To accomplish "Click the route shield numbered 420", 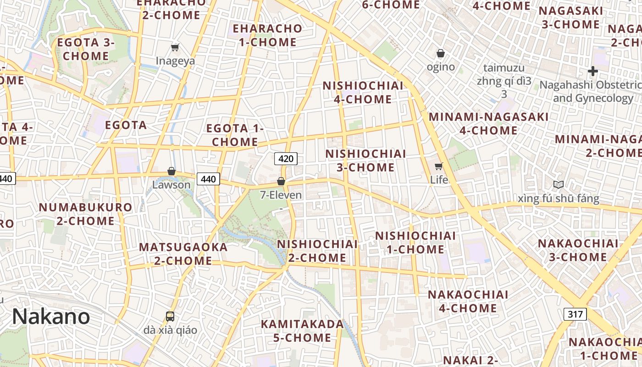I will pyautogui.click(x=286, y=159).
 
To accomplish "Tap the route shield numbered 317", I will pyautogui.click(x=575, y=314).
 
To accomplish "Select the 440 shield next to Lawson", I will pyautogui.click(x=208, y=179).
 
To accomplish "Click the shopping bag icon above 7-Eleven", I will pyautogui.click(x=281, y=182).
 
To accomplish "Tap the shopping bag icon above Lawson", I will pyautogui.click(x=172, y=171).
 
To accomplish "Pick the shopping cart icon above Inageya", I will pyautogui.click(x=175, y=47).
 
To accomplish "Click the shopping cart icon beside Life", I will pyautogui.click(x=439, y=166).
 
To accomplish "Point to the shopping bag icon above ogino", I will pyautogui.click(x=441, y=54).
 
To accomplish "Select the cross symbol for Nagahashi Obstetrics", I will pyautogui.click(x=592, y=71).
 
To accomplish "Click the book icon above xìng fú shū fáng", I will pyautogui.click(x=558, y=184).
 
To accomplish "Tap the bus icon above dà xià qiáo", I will pyautogui.click(x=170, y=316).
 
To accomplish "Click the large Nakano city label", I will pyautogui.click(x=51, y=317).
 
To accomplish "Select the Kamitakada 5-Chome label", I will pyautogui.click(x=302, y=331).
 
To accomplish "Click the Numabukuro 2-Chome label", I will pyautogui.click(x=85, y=214).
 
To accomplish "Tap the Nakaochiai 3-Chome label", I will pyautogui.click(x=578, y=250).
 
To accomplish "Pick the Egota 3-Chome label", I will pyautogui.click(x=86, y=50).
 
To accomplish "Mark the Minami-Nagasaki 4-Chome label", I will pyautogui.click(x=488, y=123).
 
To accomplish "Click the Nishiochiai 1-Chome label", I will pyautogui.click(x=415, y=243).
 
